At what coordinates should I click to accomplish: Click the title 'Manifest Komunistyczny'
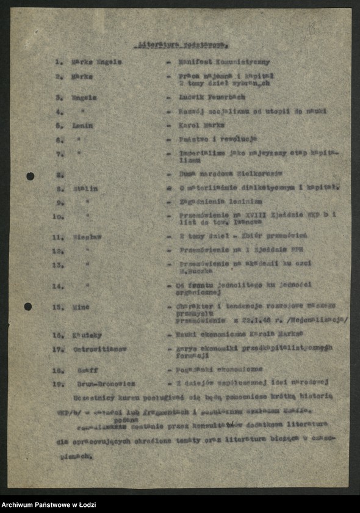coord(224,62)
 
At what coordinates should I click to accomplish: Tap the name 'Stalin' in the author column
coord(86,189)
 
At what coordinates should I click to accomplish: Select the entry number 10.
coord(58,216)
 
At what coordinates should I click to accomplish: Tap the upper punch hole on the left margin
coord(30,176)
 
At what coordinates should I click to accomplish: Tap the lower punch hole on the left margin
coord(28,306)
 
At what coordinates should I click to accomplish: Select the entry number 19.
coord(58,384)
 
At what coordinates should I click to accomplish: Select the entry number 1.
coord(59,62)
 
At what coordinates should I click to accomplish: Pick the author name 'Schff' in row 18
coord(87,370)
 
